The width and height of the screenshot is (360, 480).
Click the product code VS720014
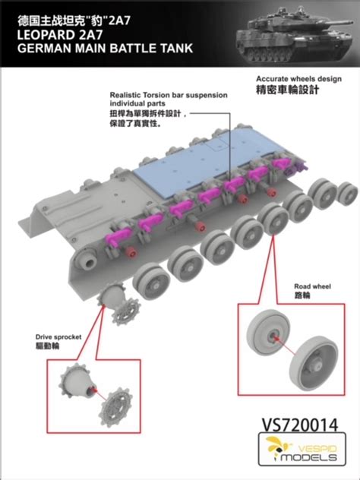(x=295, y=419)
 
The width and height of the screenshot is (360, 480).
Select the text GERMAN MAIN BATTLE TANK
(x=96, y=49)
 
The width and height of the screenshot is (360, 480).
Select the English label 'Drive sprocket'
(x=56, y=335)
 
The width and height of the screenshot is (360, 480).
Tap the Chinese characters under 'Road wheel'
(x=303, y=298)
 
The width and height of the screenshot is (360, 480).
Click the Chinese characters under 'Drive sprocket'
(x=47, y=346)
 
